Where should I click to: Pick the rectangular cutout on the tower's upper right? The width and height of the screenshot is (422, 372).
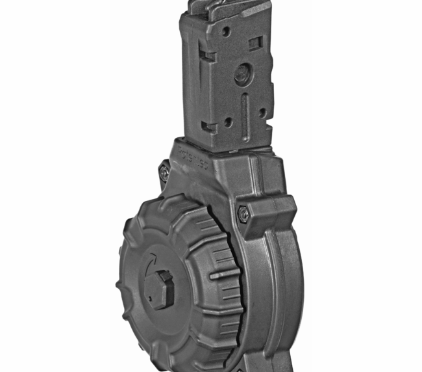256,42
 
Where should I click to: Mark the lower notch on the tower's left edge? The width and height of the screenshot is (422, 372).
208,126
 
